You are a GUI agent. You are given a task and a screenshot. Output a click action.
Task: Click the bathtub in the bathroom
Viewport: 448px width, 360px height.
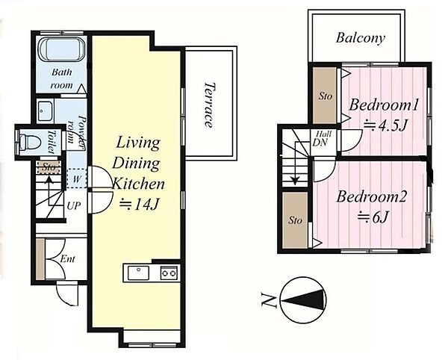coord(61,49)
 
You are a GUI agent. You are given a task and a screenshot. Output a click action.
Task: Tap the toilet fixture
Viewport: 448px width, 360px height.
coord(28,142)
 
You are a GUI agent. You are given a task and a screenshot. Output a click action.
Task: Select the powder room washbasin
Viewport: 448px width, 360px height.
coord(46,111)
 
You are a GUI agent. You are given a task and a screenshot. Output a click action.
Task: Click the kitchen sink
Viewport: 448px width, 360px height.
coord(138,273)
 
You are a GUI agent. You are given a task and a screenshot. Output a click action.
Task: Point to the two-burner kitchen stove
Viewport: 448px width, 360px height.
coord(169,273)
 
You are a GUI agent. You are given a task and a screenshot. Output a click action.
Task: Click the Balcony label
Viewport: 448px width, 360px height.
coord(360,38)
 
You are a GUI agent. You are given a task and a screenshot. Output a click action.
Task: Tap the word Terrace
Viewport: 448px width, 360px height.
coord(209,105)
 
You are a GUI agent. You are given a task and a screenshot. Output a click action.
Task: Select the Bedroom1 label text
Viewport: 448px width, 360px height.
coord(384,105)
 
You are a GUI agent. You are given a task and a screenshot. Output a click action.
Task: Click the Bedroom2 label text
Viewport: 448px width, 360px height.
coord(371,197)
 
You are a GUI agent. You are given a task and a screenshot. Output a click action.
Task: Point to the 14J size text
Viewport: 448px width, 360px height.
coord(139,205)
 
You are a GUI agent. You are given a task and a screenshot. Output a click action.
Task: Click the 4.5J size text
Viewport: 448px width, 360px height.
coord(385,125)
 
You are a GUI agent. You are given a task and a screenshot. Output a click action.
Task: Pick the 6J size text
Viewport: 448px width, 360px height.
coord(373,218)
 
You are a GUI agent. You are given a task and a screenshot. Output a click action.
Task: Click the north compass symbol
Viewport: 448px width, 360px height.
coord(303,300)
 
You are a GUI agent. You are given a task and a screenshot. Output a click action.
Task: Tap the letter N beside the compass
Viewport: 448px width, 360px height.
coord(269,301)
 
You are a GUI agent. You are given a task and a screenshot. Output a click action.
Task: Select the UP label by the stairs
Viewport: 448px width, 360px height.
coord(73,205)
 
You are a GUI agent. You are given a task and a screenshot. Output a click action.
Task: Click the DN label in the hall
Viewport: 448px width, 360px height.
coord(320,143)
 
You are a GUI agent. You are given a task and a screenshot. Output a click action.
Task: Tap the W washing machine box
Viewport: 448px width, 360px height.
coord(77,179)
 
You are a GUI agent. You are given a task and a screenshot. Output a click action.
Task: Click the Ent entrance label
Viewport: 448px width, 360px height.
coord(68,259)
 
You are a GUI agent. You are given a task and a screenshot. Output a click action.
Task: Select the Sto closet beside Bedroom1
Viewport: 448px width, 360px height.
coord(325,96)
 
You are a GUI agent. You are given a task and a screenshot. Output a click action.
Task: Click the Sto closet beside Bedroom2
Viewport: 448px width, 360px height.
coord(295,220)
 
